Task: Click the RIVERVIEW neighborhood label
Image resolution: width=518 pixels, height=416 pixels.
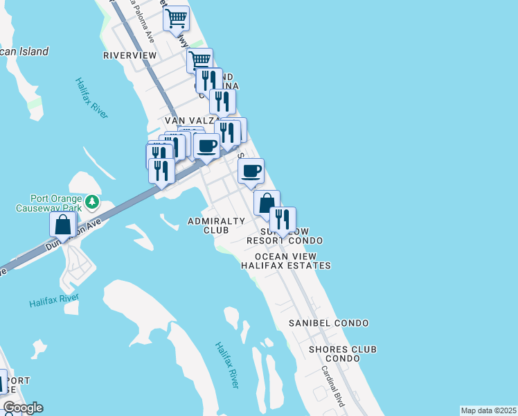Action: point(130,55)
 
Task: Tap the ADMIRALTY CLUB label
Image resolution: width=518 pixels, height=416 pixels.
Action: point(217,225)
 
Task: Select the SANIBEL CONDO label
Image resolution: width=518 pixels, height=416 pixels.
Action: point(329,323)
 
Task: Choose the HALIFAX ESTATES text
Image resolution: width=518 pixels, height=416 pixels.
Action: point(286,266)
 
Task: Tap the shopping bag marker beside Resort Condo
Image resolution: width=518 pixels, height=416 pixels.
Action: point(267,203)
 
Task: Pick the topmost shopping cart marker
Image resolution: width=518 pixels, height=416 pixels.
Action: point(177,17)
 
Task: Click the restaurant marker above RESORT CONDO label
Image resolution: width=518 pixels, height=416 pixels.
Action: point(283,220)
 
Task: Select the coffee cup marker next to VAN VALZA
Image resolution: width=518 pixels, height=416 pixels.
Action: point(207,146)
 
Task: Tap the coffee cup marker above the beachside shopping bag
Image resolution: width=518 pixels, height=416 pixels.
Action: point(251,171)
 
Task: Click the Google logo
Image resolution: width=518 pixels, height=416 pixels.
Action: point(23,408)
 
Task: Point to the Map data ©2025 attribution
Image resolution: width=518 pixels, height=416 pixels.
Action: point(488,410)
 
